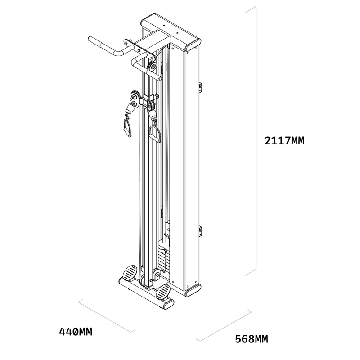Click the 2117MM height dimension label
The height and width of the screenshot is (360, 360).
[284, 140]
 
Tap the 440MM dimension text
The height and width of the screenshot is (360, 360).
[76, 332]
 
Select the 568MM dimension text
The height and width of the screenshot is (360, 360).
[252, 339]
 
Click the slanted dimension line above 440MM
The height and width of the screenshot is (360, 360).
[107, 317]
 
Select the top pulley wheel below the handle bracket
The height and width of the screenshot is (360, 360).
[152, 66]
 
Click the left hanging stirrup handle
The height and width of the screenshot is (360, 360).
[127, 127]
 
